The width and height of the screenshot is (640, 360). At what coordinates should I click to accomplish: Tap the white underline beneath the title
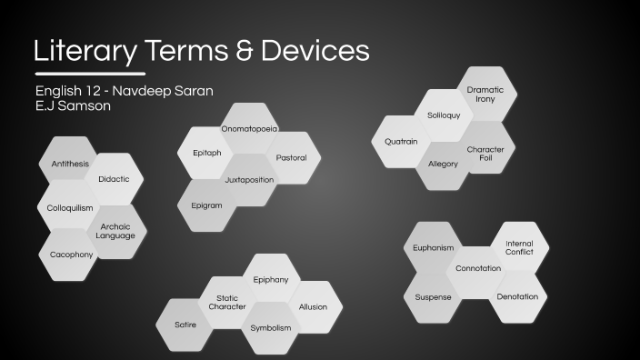(x=89, y=72)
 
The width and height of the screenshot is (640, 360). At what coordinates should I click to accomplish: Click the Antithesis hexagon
(x=69, y=164)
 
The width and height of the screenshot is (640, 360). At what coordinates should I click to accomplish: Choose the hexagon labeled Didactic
(x=115, y=179)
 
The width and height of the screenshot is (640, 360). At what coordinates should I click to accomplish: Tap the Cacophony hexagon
(x=71, y=254)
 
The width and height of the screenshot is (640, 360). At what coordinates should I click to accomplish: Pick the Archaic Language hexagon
(x=115, y=231)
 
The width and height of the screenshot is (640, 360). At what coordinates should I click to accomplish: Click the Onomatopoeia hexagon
(x=249, y=129)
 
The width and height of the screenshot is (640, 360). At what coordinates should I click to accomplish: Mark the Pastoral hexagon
(x=292, y=157)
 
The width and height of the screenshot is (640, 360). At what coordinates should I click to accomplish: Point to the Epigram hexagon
(x=206, y=205)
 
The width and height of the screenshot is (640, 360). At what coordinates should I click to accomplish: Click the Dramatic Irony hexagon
(x=485, y=94)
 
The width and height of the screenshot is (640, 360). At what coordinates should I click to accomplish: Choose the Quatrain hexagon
(x=401, y=142)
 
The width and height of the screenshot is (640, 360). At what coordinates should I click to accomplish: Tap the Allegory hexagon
(x=443, y=165)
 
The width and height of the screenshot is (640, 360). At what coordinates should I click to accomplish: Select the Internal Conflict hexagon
(x=519, y=247)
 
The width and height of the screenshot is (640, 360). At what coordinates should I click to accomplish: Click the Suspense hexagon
(x=433, y=296)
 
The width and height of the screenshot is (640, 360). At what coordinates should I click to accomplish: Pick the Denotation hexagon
(x=518, y=296)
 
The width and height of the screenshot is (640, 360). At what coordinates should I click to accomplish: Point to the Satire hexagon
(x=185, y=325)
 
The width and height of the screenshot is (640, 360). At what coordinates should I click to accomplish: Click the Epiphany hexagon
(x=271, y=279)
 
